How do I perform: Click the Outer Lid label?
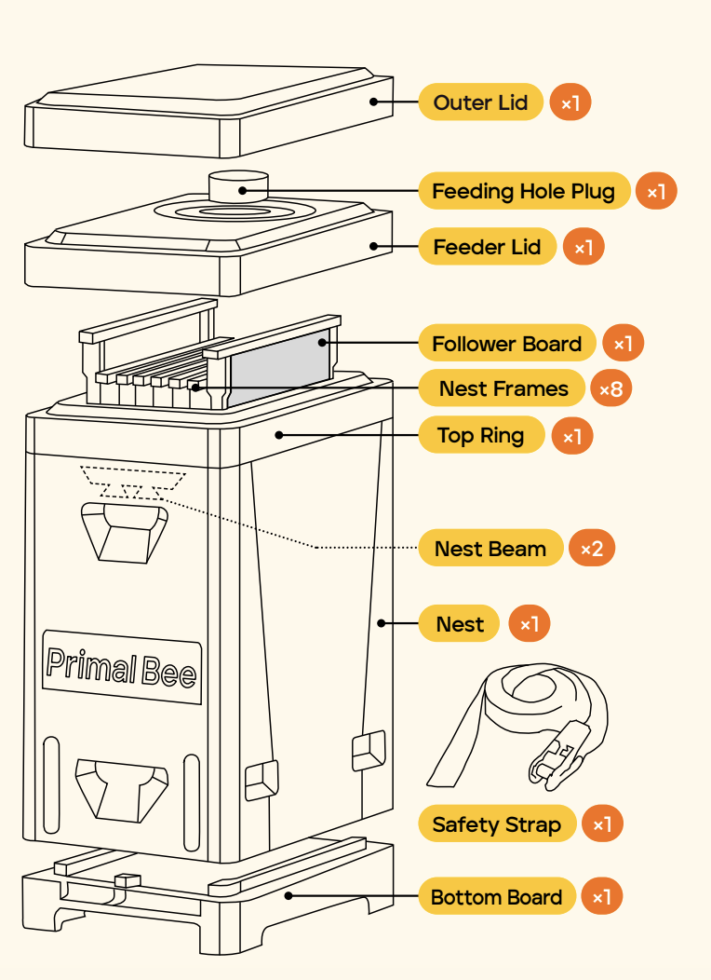(480, 102)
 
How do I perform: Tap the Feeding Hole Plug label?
(524, 192)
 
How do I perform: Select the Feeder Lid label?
(487, 248)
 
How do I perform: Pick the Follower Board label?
(506, 344)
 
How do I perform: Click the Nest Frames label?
(503, 388)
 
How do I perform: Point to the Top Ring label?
(481, 436)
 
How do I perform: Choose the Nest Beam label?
(490, 549)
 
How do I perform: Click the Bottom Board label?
(496, 898)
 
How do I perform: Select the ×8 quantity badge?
(611, 389)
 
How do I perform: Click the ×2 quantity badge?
(592, 549)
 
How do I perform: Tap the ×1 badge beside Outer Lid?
(570, 103)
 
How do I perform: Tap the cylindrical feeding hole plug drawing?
(237, 185)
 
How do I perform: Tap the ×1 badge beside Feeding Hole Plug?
(656, 193)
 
